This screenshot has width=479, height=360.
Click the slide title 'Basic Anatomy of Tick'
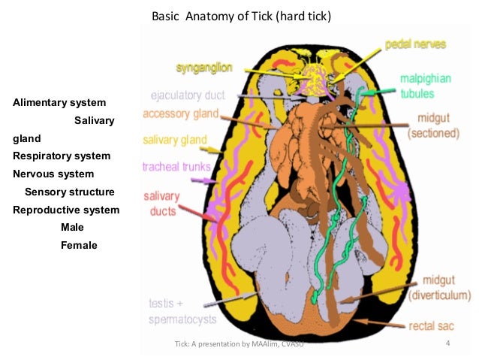pyautogui.click(x=241, y=16)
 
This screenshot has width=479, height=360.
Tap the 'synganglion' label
pyautogui.click(x=204, y=68)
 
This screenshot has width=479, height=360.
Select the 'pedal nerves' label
pyautogui.click(x=415, y=44)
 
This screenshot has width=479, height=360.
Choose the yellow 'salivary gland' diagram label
pyautogui.click(x=175, y=140)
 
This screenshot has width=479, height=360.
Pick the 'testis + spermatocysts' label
pyautogui.click(x=180, y=312)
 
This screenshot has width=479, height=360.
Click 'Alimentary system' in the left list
pyautogui.click(x=59, y=102)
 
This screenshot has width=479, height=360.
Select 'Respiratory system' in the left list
pyautogui.click(x=62, y=156)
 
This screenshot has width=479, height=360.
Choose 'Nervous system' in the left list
pyautogui.click(x=53, y=174)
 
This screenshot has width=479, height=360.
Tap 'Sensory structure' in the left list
pyautogui.click(x=70, y=192)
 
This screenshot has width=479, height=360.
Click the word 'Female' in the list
pyautogui.click(x=79, y=245)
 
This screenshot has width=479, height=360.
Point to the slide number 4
pyautogui.click(x=447, y=345)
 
